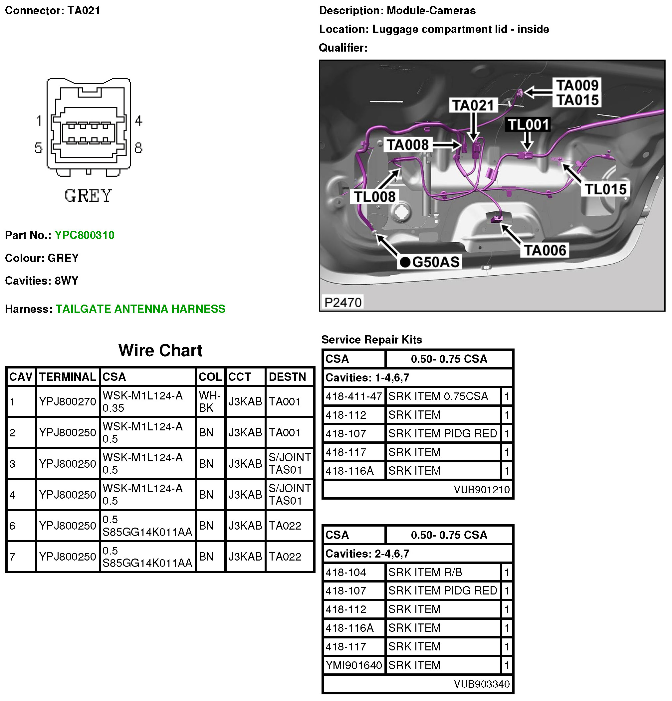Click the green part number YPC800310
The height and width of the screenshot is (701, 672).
tap(85, 235)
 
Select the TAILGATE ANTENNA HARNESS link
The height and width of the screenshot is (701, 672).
tap(140, 309)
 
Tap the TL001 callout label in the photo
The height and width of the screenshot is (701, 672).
tap(528, 125)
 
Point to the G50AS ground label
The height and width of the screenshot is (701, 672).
tap(430, 262)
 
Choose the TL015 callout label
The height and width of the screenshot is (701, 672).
tap(605, 189)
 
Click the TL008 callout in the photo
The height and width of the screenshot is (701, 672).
tap(374, 197)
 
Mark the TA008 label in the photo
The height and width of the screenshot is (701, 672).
tap(407, 145)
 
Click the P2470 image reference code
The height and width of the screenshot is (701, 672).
tap(342, 303)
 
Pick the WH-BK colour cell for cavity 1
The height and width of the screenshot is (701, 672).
tap(210, 401)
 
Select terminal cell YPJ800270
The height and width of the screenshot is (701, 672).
tap(68, 402)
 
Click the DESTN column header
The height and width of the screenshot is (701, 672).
tap(287, 376)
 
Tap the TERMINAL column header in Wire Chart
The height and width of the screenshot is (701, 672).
tap(67, 376)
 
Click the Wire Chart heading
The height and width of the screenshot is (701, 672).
tap(160, 350)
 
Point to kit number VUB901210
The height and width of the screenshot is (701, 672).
tap(481, 489)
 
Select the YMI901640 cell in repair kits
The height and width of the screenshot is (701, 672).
tap(353, 665)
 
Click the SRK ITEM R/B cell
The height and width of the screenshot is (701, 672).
tap(425, 572)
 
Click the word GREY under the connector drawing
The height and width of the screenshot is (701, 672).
tap(88, 196)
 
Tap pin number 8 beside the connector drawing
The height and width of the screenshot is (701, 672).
tap(138, 148)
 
